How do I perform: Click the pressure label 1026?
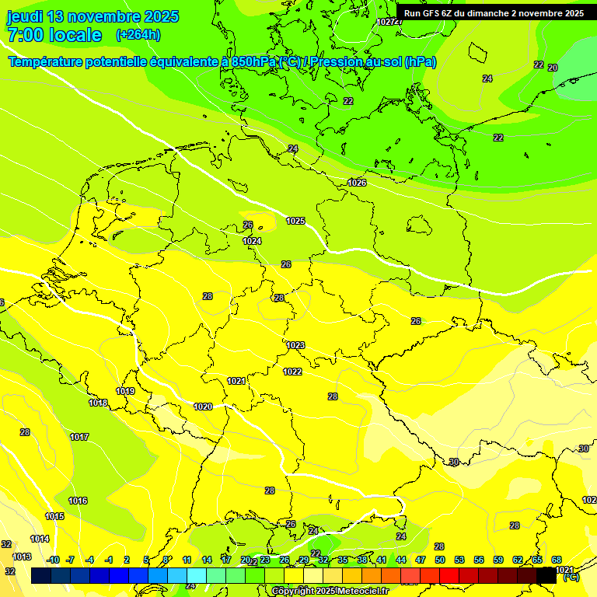pos(357,183)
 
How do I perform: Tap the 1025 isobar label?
pos(295,222)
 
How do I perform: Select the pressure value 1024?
pos(252,242)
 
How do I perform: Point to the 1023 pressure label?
pos(295,345)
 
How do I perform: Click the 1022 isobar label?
pos(292,372)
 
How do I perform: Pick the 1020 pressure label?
pos(203,407)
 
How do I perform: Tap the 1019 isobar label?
pos(125,391)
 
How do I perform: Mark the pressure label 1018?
pos(98,403)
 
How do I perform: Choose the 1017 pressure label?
pos(79,437)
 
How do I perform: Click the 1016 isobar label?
pos(78,501)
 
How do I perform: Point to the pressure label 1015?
pos(54,516)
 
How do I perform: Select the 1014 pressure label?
pos(40,539)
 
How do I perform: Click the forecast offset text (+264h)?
pos(138,35)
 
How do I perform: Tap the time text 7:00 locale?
pos(54,35)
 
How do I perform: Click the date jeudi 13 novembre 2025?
pos(93,16)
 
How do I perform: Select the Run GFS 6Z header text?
pos(494,13)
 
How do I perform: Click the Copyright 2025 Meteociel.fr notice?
pos(330,591)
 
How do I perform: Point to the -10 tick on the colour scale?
pos(53,560)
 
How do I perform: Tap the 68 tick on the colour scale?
pos(557,560)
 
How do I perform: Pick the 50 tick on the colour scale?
pos(440,560)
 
